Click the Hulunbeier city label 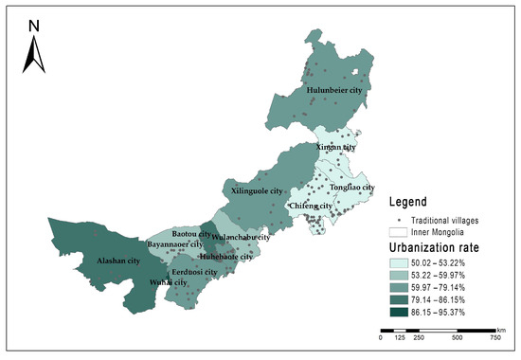(x=336, y=91)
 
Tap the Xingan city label (x=336, y=148)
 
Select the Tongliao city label (x=352, y=188)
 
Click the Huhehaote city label (x=226, y=256)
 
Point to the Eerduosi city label (x=194, y=272)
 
